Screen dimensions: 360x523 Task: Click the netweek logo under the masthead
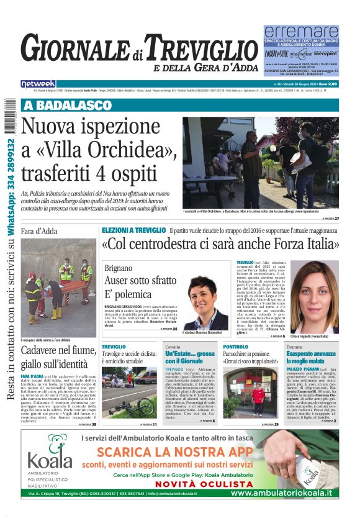pyautogui.click(x=38, y=83)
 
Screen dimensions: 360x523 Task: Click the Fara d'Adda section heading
pyautogui.click(x=40, y=231)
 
